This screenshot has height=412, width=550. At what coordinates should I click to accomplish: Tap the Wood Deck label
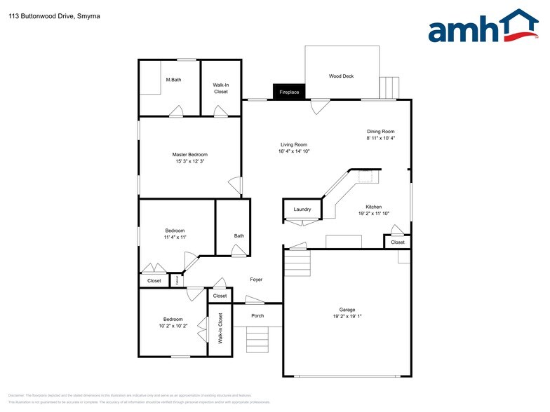pos(341,76)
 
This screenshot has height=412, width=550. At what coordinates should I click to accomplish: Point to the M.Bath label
pos(173,80)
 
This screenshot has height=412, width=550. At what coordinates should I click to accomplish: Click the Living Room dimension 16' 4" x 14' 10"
pos(294,151)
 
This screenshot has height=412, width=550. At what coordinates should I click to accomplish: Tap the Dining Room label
pos(381,131)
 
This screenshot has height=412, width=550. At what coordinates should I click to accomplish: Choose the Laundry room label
pos(302,210)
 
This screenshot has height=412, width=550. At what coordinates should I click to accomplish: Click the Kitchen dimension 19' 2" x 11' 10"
pos(373,214)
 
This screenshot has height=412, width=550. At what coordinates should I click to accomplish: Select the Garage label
pos(347,309)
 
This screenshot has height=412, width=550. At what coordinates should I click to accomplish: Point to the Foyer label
pos(256,280)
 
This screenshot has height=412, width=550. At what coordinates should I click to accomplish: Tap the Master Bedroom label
pos(190,155)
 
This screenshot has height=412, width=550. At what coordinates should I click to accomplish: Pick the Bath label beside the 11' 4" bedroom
pos(239,235)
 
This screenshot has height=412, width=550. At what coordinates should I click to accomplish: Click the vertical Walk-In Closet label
pos(220,328)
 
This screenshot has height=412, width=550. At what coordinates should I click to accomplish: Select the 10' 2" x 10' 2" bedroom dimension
pos(173,326)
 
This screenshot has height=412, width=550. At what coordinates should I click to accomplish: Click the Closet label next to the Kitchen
pos(398,242)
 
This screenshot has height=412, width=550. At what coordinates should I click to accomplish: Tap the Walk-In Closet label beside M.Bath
pos(221,88)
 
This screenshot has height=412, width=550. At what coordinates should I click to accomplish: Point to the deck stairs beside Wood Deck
pos(388,88)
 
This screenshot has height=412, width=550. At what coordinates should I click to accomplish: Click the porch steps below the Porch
pos(257,341)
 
